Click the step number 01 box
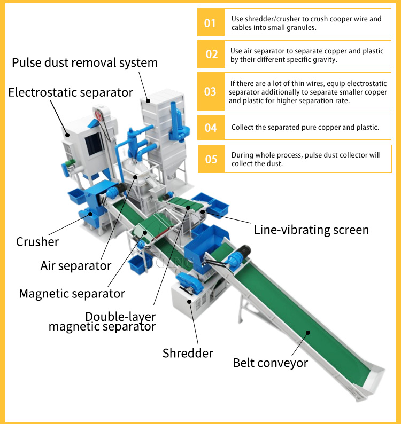point(210,23)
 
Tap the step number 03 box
point(210,91)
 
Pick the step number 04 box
point(211,128)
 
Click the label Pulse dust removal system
point(85,63)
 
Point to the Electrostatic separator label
point(71,92)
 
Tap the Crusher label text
point(37,242)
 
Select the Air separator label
point(76,265)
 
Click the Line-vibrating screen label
point(311,230)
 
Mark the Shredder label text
point(188,353)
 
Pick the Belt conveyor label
point(270,363)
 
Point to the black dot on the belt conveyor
point(308,333)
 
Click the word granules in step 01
point(295,27)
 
